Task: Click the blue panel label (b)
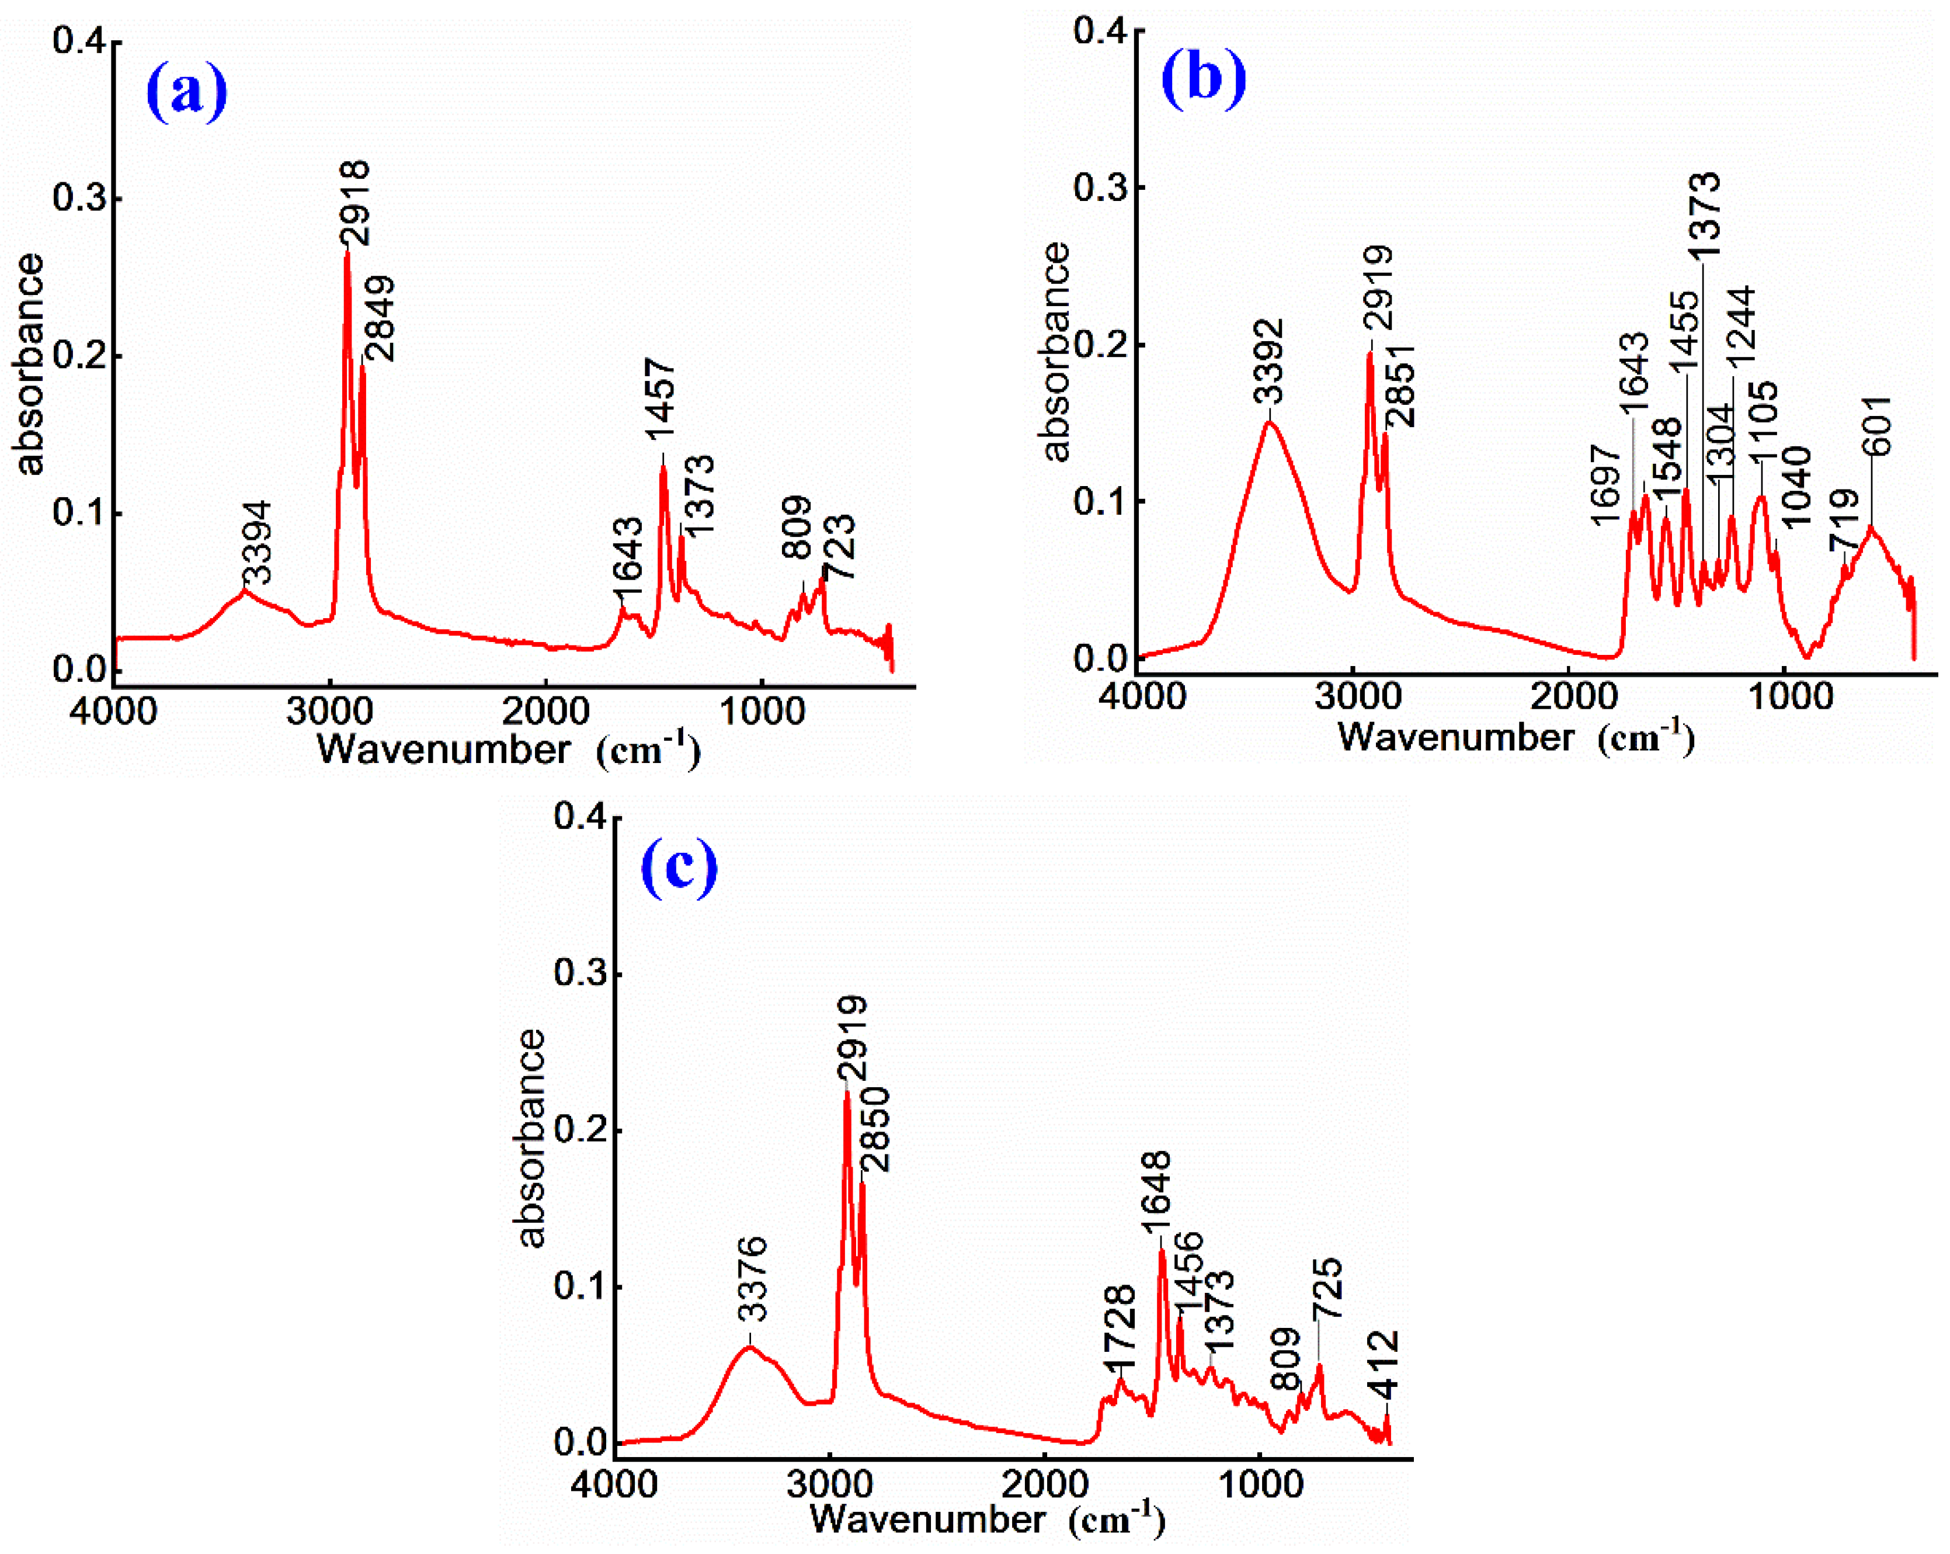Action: [x=1203, y=79]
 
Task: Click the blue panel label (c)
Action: [x=679, y=866]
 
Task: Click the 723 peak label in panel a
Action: [x=839, y=546]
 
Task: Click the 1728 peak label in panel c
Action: [x=1120, y=1328]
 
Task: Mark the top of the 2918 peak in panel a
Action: [x=346, y=254]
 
